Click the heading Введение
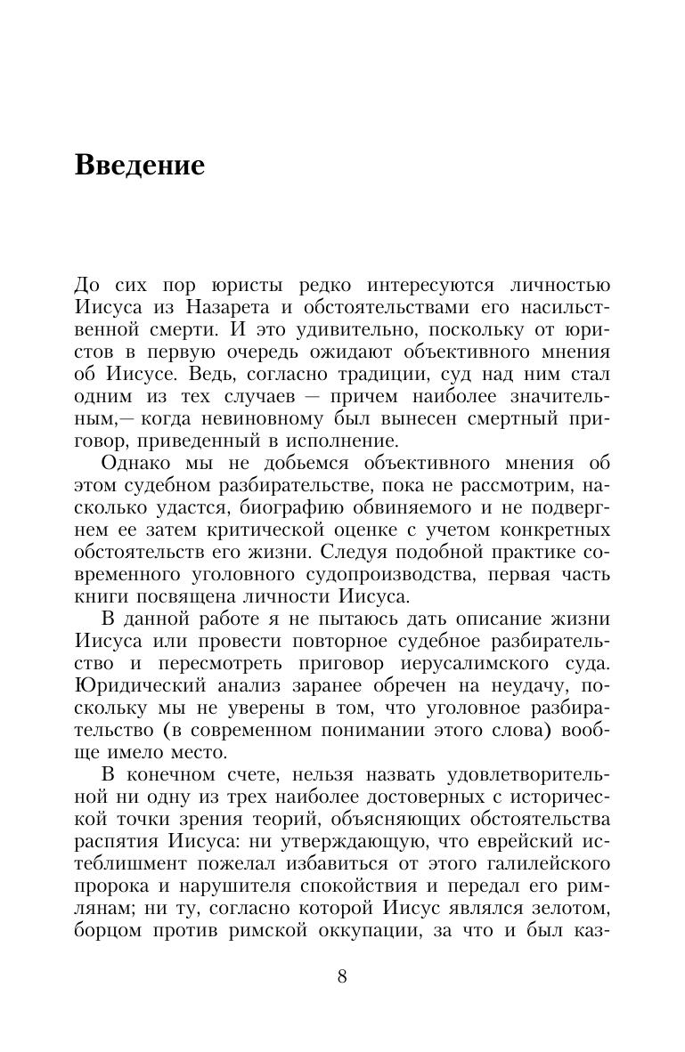[140, 166]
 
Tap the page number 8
[342, 976]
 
